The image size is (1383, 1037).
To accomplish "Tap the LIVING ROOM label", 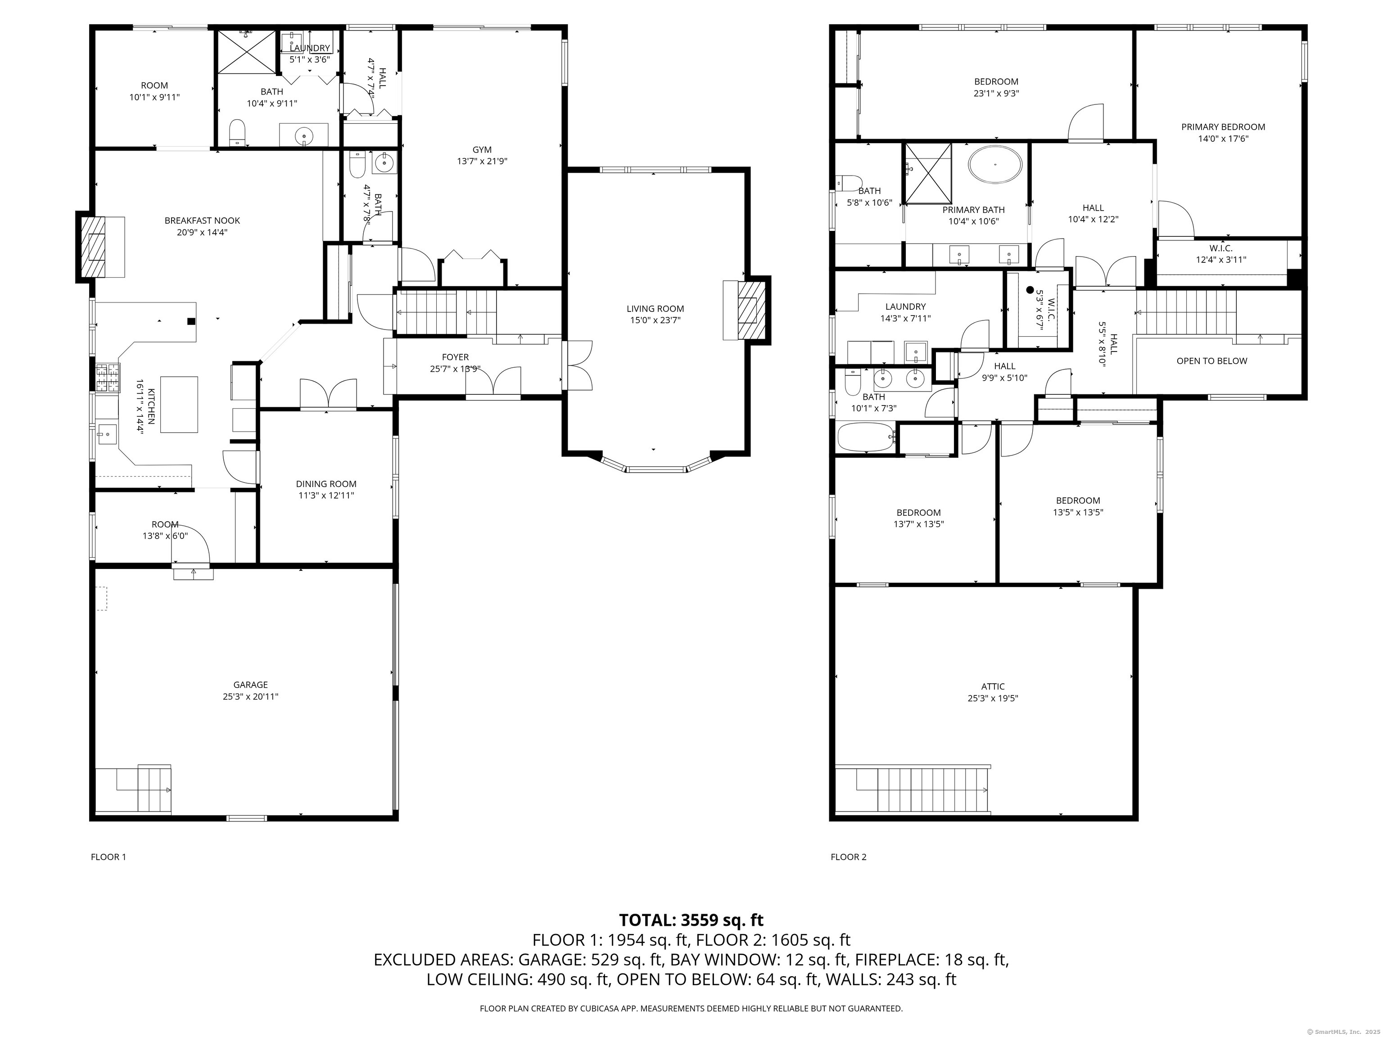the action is click(x=655, y=309).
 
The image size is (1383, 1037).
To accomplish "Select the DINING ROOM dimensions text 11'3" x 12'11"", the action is click(x=326, y=496).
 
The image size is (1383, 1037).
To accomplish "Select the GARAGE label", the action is click(x=251, y=685).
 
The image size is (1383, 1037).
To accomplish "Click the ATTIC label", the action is click(x=993, y=687).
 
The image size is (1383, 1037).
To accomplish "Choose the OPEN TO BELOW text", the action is click(x=1211, y=361).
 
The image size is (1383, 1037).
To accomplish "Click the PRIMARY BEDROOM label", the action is click(x=1223, y=127).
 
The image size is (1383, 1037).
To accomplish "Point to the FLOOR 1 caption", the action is click(x=109, y=857).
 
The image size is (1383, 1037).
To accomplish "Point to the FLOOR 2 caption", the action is click(x=849, y=857).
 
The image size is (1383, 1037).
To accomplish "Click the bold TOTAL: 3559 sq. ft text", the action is click(x=691, y=920).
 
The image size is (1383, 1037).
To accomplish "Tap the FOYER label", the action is click(x=455, y=357).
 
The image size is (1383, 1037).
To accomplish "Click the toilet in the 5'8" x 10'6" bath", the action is click(x=847, y=183).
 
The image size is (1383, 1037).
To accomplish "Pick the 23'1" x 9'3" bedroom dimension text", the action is click(x=996, y=94).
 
